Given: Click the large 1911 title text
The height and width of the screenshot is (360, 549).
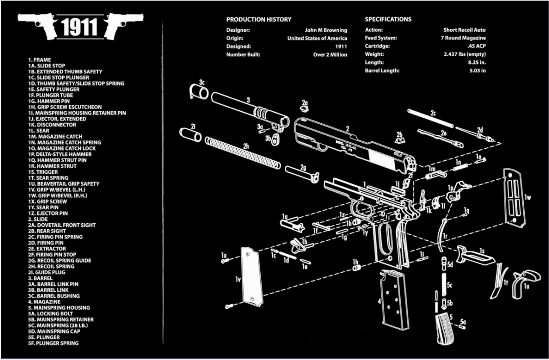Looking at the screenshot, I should tap(80, 27).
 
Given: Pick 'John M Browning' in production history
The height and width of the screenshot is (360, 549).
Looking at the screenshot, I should tap(326, 30).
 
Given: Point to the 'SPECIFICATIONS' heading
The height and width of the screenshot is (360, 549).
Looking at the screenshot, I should tap(388, 19).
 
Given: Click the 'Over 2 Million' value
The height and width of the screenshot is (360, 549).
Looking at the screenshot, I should tap(330, 54).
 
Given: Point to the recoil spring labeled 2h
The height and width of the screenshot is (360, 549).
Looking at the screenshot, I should tap(243, 153).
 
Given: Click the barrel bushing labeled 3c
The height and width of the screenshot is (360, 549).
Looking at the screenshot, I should tap(198, 91).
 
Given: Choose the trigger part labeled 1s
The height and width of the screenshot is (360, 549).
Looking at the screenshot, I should tap(474, 255).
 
